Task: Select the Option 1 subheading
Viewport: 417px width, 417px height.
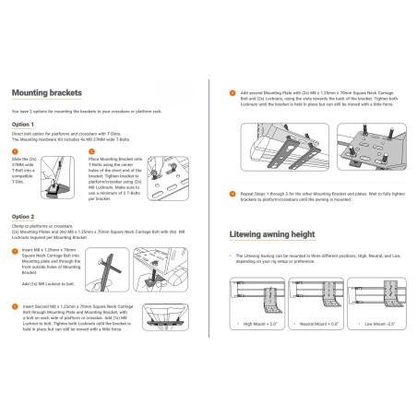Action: point(24,124)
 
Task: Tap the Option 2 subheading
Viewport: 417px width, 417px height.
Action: point(24,216)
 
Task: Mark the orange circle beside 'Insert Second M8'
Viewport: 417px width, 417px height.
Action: point(15,304)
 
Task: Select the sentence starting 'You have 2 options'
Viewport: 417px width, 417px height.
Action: point(83,110)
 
